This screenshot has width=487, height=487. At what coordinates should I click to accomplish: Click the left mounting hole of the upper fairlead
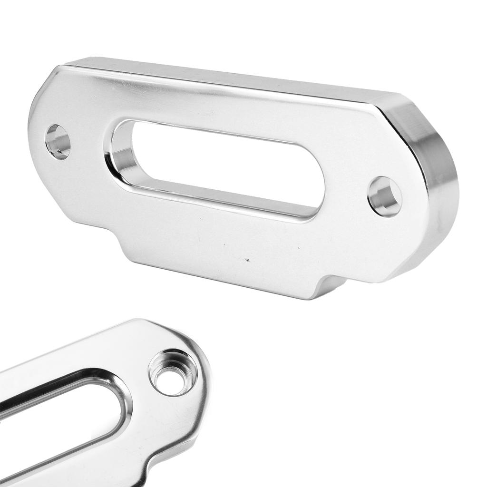click(58, 141)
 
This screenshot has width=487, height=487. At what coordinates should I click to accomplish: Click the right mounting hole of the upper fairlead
click(384, 196)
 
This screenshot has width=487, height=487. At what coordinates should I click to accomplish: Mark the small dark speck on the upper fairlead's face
click(246, 260)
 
